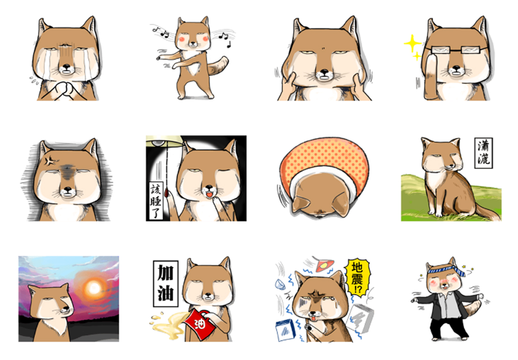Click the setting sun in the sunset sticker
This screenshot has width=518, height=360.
94,288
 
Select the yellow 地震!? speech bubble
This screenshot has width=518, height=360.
357,277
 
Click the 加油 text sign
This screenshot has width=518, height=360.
165,283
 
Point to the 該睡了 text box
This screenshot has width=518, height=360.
155,200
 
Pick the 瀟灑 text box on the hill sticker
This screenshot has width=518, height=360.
483,153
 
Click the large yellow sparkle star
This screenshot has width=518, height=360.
412,43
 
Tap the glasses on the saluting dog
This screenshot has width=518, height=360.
456,50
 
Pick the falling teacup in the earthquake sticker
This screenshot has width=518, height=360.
280,284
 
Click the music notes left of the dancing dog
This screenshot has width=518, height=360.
161,32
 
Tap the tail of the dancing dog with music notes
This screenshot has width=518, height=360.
219,66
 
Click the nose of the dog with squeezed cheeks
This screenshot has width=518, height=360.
324,72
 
